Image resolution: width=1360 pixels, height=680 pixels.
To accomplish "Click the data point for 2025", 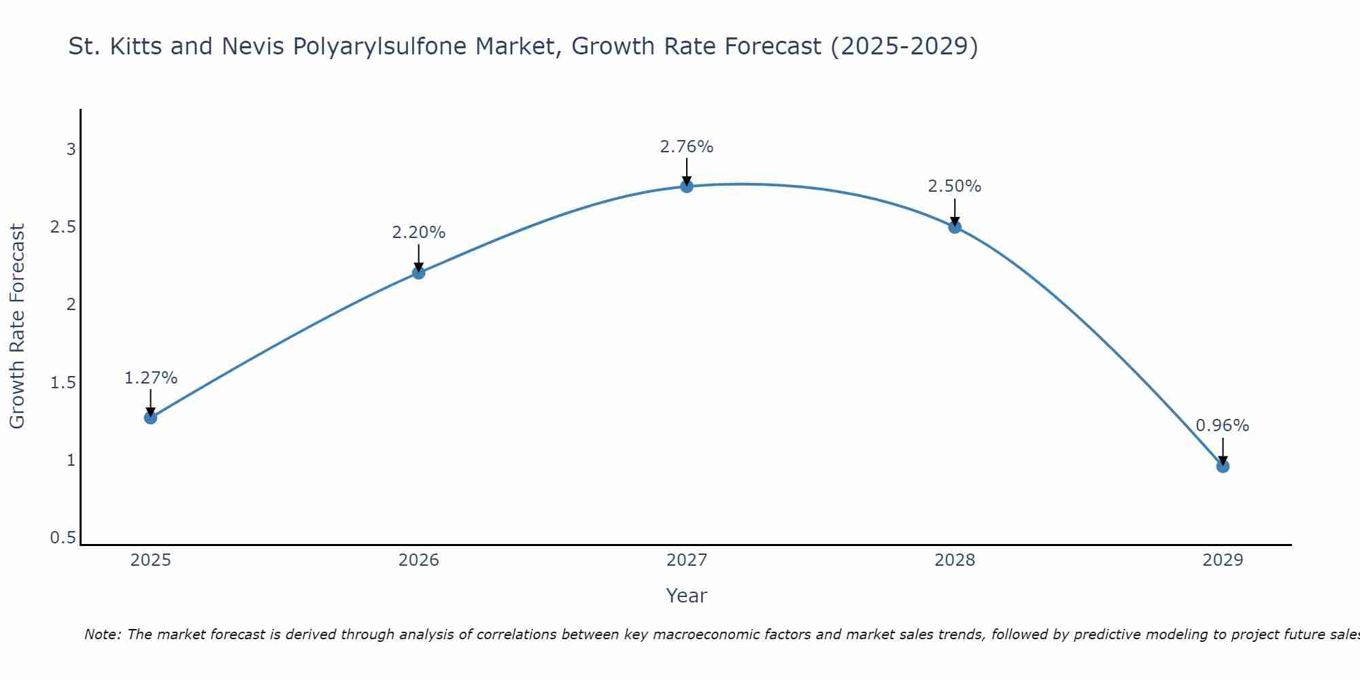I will coord(151,418).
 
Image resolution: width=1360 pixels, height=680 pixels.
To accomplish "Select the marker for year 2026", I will coord(419,273).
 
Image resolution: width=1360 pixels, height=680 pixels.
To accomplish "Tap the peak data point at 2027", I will coord(687,186).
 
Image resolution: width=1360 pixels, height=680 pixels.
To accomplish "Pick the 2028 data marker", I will coord(955,227).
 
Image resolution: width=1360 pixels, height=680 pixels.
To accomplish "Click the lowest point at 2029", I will coord(1223,466).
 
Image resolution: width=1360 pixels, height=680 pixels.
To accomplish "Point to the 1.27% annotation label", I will coord(151,378).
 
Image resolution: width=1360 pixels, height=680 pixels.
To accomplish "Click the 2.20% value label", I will coord(419,233).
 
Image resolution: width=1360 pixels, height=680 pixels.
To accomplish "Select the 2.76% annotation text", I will coord(687,147).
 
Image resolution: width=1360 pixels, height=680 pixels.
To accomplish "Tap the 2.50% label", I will coord(955,186).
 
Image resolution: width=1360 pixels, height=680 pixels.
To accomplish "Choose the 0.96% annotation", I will coord(1223,426).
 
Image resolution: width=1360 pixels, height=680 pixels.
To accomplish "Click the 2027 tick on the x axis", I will coord(687,560).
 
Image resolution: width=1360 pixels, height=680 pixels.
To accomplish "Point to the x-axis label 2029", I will coord(1223,560).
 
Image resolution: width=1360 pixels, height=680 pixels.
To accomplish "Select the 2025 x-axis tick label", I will coord(151,560).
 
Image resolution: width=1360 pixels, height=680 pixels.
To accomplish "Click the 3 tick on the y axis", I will coord(71,149).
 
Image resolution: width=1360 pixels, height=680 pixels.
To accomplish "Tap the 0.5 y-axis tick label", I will coord(63,538).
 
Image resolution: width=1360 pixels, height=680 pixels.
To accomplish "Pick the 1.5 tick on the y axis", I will coord(63,383).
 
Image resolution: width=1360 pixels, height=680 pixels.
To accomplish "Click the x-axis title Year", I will coord(687,596).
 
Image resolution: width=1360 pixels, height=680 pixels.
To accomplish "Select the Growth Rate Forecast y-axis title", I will coord(17,326).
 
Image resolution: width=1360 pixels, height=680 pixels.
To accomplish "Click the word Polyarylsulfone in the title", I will coord(381,46).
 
